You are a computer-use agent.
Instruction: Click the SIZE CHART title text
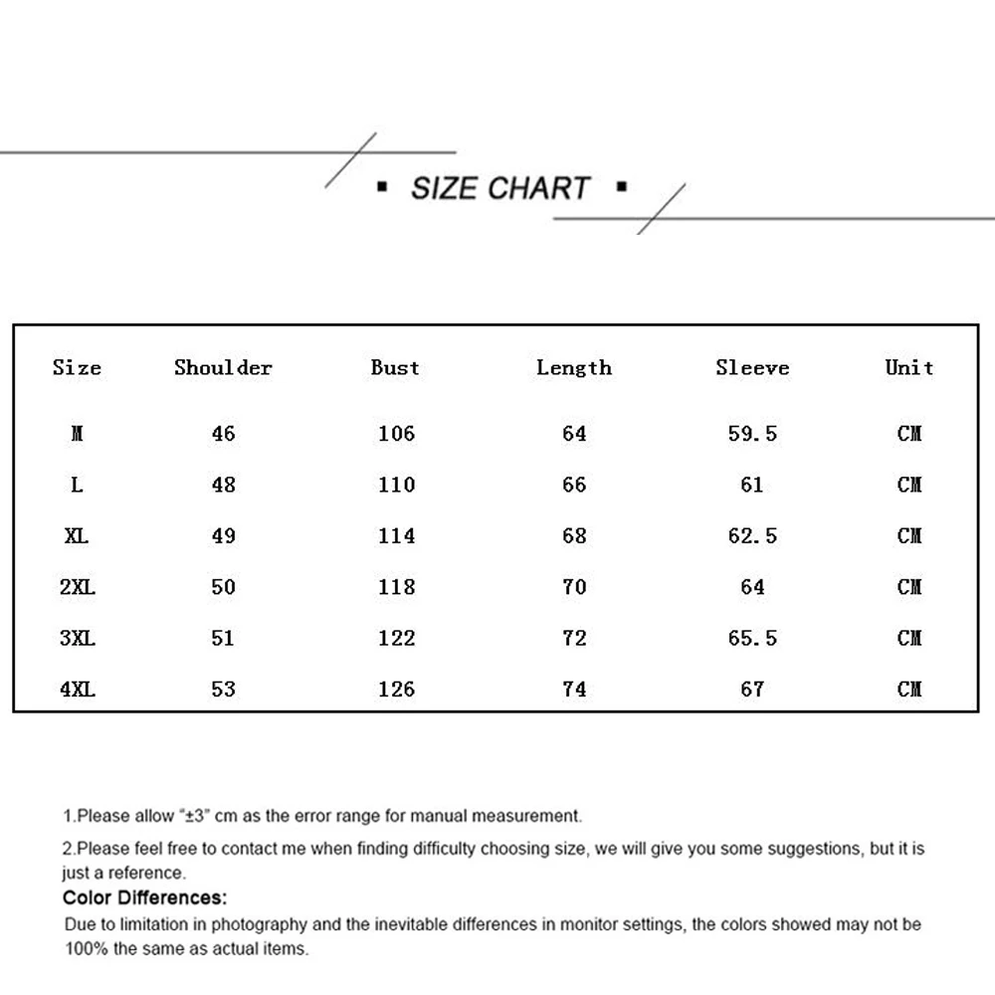coord(500,188)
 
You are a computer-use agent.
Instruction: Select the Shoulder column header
coord(223,368)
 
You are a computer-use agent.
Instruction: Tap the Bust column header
coord(395,368)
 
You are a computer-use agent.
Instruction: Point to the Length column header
coord(574,368)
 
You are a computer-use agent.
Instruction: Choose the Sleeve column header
coord(752,368)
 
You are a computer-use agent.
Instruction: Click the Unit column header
coord(909,368)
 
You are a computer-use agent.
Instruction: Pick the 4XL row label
coord(78,689)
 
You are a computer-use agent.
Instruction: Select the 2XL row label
coord(78,587)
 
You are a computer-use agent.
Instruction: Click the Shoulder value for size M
coord(223,434)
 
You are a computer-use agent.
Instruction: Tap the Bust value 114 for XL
coord(396,536)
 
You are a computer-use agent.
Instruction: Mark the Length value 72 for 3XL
coord(574,638)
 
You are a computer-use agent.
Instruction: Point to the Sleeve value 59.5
coord(752,434)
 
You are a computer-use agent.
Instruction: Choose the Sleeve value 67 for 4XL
coord(752,689)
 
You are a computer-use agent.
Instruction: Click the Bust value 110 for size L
coord(396,485)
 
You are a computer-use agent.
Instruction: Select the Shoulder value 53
coord(223,689)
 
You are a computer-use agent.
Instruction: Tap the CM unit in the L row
coord(909,485)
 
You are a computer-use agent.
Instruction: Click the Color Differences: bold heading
coord(145,898)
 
